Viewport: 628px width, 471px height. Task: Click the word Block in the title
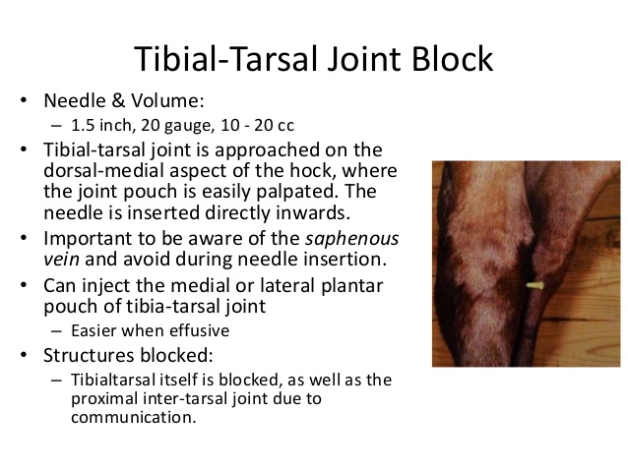coord(452,59)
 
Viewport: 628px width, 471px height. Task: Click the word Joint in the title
coord(364,59)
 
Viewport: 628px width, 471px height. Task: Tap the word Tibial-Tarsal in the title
coord(225,59)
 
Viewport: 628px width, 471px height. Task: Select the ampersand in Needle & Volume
coord(118,100)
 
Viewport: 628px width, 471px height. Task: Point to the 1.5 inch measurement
coord(102,125)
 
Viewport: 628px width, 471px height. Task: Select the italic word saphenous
coord(352,239)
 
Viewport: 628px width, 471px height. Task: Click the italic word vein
coord(61,260)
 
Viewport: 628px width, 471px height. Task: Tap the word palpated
coord(297,192)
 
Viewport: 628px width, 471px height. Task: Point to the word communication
coord(134,417)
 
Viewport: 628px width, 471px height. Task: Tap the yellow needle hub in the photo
coord(534,285)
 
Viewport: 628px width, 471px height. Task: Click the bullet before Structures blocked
coord(24,355)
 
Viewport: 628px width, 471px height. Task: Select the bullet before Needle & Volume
coord(24,100)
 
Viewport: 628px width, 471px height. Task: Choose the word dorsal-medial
coord(104,170)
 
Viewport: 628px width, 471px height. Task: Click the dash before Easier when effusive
coord(56,331)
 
